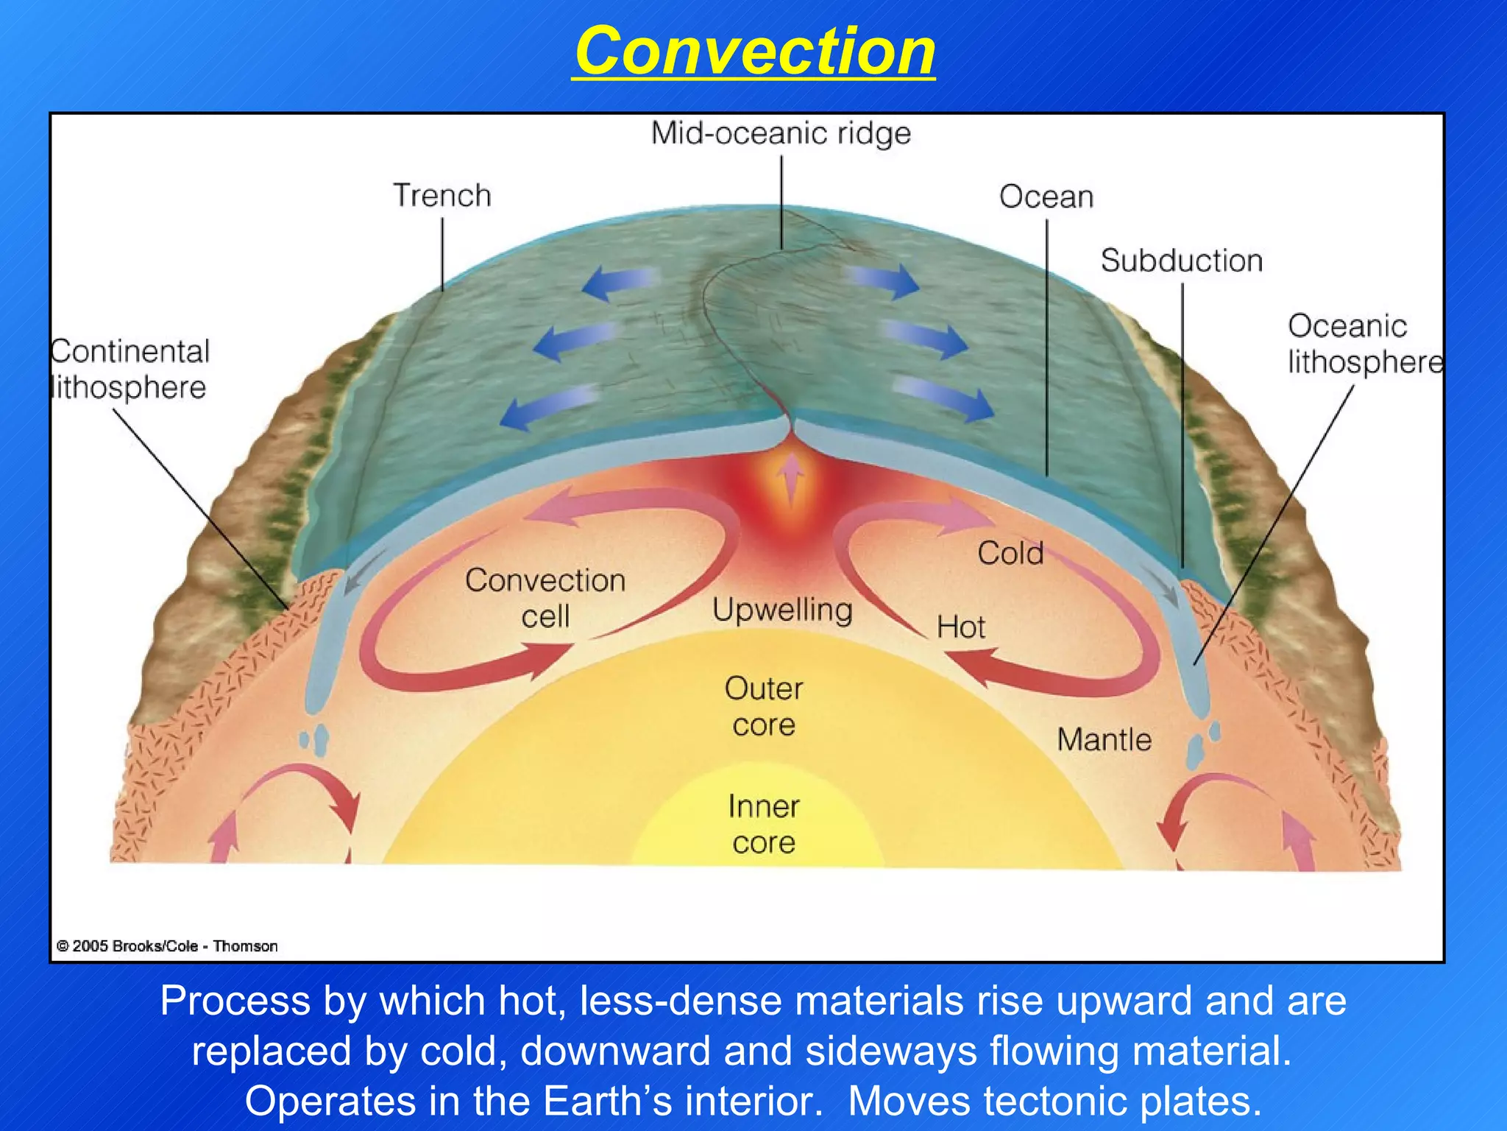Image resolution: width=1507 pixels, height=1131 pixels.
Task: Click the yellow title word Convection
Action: pos(754,51)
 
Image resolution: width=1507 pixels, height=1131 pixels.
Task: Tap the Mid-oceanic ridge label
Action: pos(781,134)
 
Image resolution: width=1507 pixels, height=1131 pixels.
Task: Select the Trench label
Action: pos(442,196)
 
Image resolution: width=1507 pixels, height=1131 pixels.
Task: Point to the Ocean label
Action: pos(1046,197)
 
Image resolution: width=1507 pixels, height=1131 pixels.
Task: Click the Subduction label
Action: pos(1181,261)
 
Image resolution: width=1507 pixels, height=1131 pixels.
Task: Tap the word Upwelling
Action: pos(782,610)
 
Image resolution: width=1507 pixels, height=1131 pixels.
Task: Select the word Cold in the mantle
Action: pos(1010,554)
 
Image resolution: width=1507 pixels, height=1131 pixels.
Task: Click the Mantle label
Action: pos(1104,739)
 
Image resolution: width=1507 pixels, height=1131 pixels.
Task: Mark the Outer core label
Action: pos(764,707)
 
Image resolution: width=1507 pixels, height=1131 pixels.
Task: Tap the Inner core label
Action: pos(764,825)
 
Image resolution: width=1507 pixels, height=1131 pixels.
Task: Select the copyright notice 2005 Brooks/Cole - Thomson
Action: pos(167,946)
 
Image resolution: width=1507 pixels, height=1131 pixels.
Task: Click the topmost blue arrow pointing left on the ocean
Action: pos(620,283)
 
